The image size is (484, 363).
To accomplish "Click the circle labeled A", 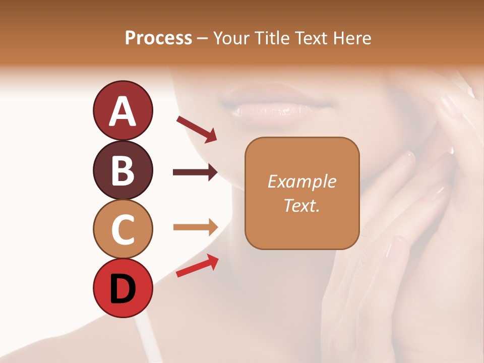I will pos(123,110).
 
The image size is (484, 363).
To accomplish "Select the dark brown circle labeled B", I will pos(123,170).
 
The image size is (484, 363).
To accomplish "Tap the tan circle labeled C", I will pos(123,229).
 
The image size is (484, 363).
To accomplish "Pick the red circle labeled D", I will pos(123,288).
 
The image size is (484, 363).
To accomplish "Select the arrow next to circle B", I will pos(195,172).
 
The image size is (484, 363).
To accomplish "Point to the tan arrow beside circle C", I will pos(195,227).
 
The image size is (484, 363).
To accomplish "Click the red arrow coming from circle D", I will pos(197,266).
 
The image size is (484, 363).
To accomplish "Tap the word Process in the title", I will pos(158,38).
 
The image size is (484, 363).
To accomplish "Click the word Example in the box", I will pos(301,181).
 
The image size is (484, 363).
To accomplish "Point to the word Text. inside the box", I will pos(301,205).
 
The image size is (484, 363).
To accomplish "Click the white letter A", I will pos(123,111).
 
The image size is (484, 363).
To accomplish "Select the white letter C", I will pos(123,229).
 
